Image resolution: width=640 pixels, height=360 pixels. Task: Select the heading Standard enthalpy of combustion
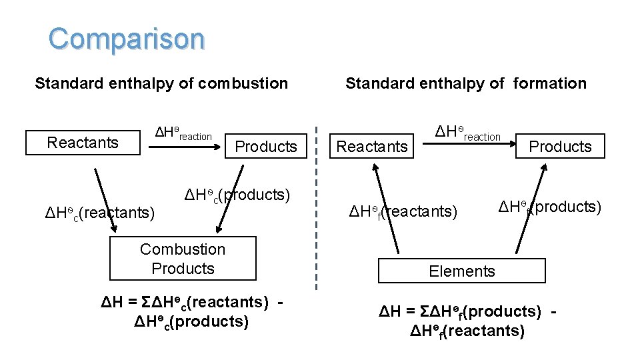(x=161, y=83)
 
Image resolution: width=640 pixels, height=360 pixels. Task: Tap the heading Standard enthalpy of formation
(x=465, y=83)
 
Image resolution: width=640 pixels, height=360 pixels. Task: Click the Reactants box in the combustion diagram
(x=83, y=143)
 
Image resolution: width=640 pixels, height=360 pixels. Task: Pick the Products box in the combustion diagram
(x=266, y=147)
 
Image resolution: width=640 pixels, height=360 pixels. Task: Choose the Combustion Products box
(x=183, y=259)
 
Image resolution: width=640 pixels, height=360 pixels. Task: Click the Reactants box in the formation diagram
(x=371, y=147)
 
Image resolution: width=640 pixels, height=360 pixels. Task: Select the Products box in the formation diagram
(x=560, y=147)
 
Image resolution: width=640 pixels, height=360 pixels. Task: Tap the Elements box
(x=461, y=271)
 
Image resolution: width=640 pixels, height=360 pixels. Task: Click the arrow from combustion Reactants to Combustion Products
(x=105, y=200)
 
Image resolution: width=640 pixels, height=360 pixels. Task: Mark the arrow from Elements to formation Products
(x=535, y=208)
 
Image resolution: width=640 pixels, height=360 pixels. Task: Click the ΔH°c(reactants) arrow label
(x=99, y=213)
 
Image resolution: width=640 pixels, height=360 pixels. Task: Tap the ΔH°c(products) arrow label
(x=237, y=195)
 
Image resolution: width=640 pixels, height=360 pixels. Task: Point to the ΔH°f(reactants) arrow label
(x=404, y=212)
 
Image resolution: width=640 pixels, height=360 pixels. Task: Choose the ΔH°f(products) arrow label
(x=549, y=207)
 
